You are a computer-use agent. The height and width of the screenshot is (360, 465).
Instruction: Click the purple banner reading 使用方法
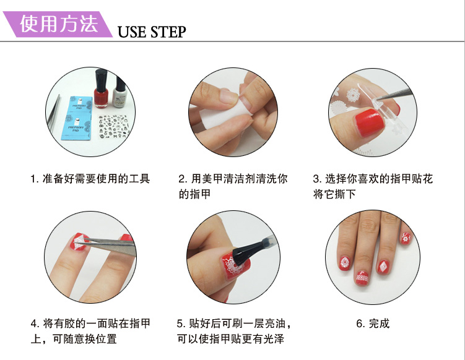pyautogui.click(x=58, y=24)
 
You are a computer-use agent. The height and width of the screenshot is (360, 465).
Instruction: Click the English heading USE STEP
pyautogui.click(x=152, y=32)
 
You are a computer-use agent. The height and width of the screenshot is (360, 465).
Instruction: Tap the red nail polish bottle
pyautogui.click(x=102, y=89)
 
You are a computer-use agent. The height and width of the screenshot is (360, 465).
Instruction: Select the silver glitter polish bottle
pyautogui.click(x=120, y=92)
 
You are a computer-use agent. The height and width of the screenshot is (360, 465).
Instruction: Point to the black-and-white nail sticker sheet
pyautogui.click(x=113, y=127)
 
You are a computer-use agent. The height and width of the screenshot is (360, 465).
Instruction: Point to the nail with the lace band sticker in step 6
pyautogui.click(x=362, y=278)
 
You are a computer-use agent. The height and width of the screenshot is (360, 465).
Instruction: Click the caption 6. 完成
pyautogui.click(x=373, y=324)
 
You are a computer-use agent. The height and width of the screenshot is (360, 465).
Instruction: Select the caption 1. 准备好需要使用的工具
pyautogui.click(x=90, y=179)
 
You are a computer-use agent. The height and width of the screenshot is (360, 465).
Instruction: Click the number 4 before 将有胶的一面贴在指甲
pyautogui.click(x=35, y=324)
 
